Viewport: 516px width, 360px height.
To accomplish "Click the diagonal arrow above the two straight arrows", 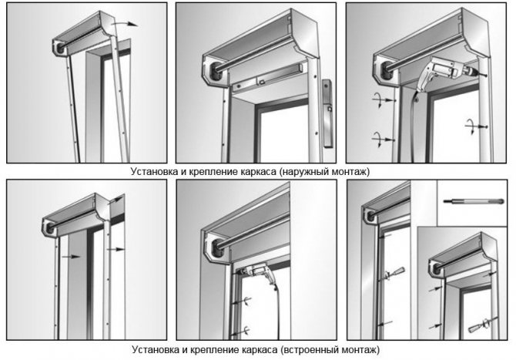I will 117,201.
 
